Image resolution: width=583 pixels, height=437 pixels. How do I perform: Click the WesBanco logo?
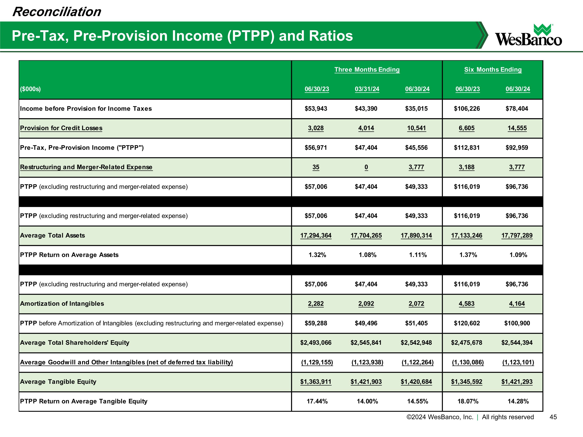coord(528,35)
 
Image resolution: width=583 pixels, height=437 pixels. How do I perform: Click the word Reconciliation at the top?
coord(57,12)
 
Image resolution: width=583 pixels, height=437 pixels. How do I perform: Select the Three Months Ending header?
coord(367,70)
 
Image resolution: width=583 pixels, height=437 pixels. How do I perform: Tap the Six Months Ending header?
coord(493,70)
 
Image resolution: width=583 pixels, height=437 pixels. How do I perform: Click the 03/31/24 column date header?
coord(367,89)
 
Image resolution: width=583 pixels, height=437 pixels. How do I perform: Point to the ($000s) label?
coord(30,89)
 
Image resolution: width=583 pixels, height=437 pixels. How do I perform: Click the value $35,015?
coord(416,109)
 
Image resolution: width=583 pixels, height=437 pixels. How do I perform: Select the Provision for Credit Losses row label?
coord(61,128)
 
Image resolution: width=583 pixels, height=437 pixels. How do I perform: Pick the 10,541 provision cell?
coord(416,128)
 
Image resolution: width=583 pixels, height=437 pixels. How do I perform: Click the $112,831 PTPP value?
coord(467,147)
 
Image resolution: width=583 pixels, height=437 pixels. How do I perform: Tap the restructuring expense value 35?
coord(316,167)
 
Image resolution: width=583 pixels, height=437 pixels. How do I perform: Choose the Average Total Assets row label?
coord(52,235)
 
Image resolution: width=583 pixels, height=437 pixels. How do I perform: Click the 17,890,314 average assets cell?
coord(416,235)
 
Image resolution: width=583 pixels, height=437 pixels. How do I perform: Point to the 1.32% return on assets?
coord(317,255)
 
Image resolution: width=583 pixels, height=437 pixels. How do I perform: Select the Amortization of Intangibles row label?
coord(62,304)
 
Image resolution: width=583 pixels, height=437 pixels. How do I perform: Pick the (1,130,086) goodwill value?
coord(468,362)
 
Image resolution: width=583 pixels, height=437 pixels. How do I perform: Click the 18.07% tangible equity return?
coord(468,401)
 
